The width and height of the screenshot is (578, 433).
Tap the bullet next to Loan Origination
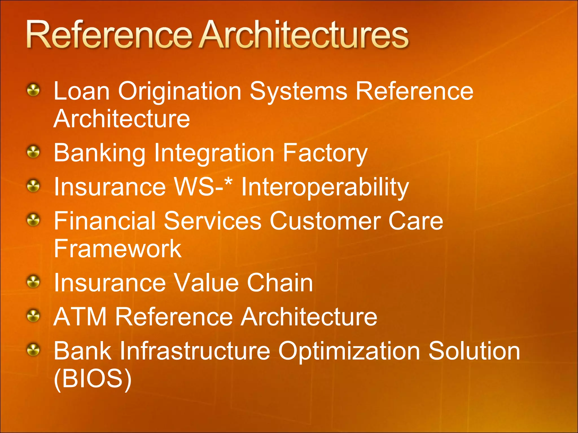34,90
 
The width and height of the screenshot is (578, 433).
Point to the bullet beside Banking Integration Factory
34,152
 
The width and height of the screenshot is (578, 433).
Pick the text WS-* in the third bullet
203,187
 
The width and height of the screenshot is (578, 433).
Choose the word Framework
117,249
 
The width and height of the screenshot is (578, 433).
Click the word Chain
280,283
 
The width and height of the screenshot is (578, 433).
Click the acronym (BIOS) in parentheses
93,379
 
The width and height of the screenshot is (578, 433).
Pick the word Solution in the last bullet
474,351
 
